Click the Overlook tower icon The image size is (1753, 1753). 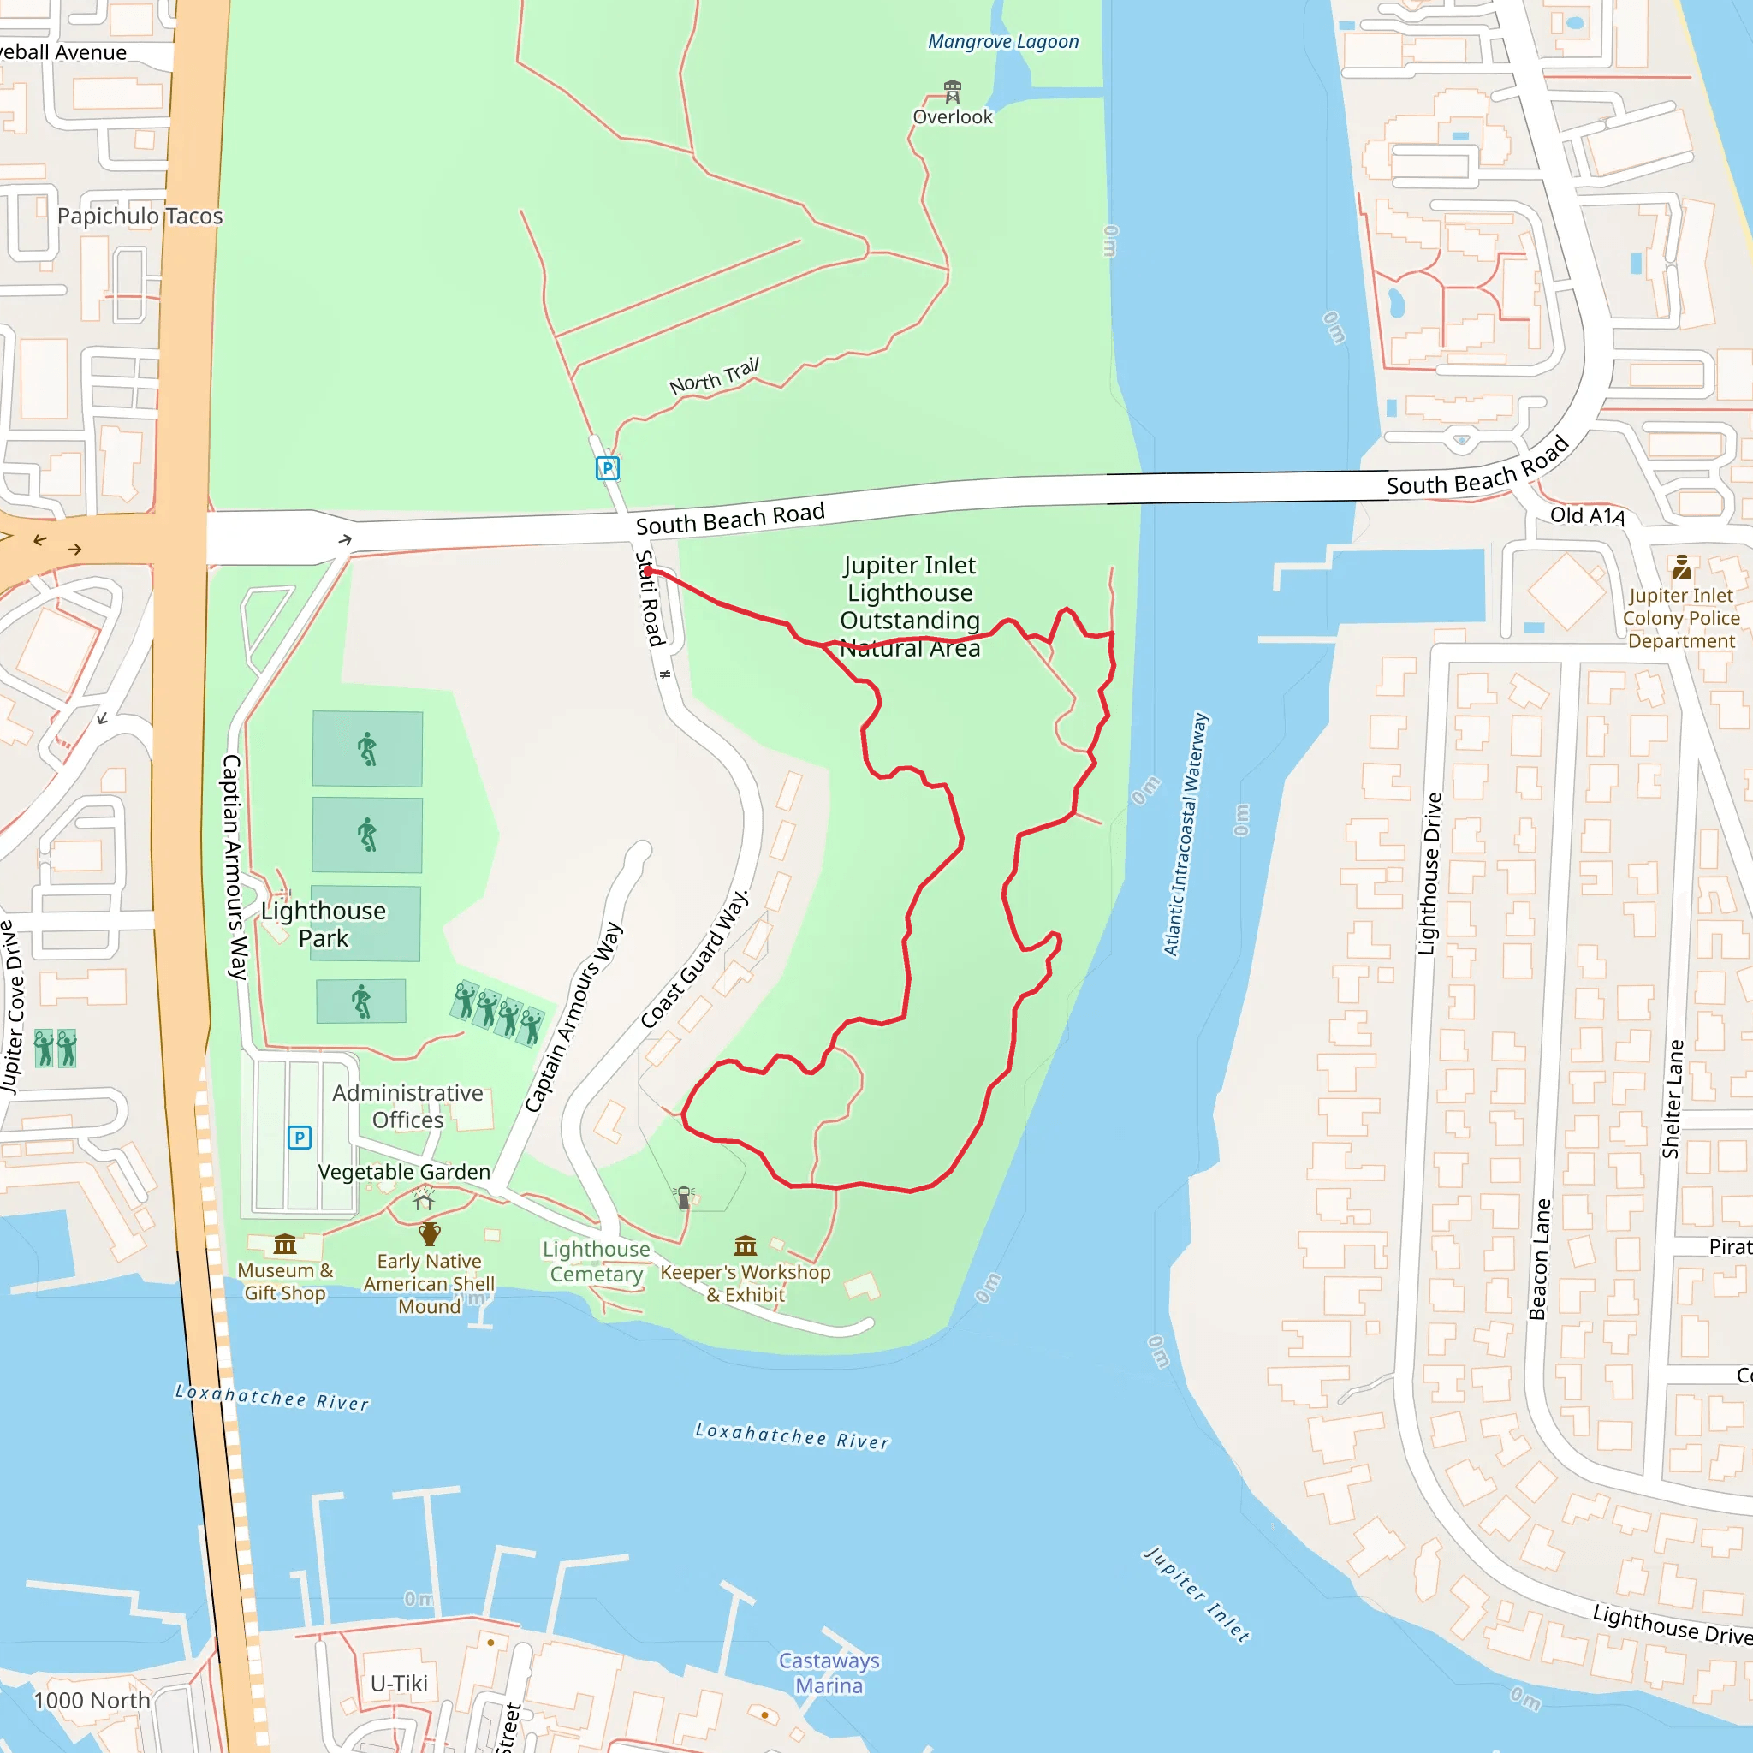click(952, 91)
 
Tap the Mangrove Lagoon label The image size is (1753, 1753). click(1002, 42)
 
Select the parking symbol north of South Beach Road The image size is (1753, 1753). click(607, 468)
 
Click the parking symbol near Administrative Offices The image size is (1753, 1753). click(300, 1137)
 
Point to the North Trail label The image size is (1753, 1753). click(714, 376)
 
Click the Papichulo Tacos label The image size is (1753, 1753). click(140, 216)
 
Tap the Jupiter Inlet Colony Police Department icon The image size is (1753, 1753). click(1681, 568)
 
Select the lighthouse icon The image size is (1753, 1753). click(684, 1197)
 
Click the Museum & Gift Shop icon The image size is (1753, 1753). click(285, 1243)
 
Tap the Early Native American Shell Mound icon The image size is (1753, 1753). click(429, 1234)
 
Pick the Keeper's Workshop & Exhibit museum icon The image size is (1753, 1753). click(745, 1245)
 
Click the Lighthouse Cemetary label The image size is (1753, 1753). click(596, 1261)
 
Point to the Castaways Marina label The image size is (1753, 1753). click(829, 1673)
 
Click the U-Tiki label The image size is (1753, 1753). click(398, 1683)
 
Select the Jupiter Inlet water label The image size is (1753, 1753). click(1196, 1594)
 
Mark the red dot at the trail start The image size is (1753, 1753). click(648, 572)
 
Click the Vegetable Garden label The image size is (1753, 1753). click(404, 1172)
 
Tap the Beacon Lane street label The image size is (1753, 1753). click(1539, 1259)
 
